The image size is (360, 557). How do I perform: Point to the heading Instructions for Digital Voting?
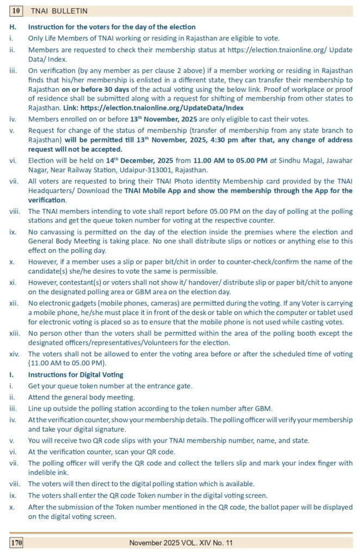pos(76,375)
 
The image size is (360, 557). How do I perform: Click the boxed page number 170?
pos(17,542)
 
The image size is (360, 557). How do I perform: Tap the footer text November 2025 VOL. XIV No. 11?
pos(181,542)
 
